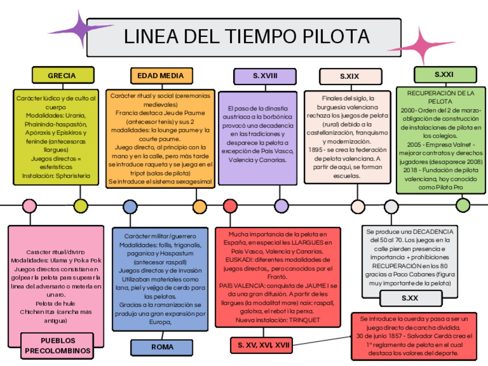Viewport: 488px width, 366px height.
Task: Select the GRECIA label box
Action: click(x=62, y=75)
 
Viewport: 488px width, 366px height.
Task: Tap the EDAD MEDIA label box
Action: click(x=161, y=75)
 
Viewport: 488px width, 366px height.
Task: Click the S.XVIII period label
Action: click(x=265, y=75)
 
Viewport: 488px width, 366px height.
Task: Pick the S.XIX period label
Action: click(x=350, y=76)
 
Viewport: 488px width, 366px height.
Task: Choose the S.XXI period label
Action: click(x=444, y=74)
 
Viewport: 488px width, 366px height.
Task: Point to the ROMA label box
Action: click(x=162, y=347)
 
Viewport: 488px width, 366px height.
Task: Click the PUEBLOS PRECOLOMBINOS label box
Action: click(x=58, y=345)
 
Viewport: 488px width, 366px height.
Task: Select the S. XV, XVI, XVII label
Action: click(x=261, y=345)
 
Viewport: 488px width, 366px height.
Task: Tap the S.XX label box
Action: click(x=410, y=298)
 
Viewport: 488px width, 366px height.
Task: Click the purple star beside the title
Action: click(x=88, y=29)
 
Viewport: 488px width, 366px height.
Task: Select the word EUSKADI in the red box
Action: click(x=237, y=260)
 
